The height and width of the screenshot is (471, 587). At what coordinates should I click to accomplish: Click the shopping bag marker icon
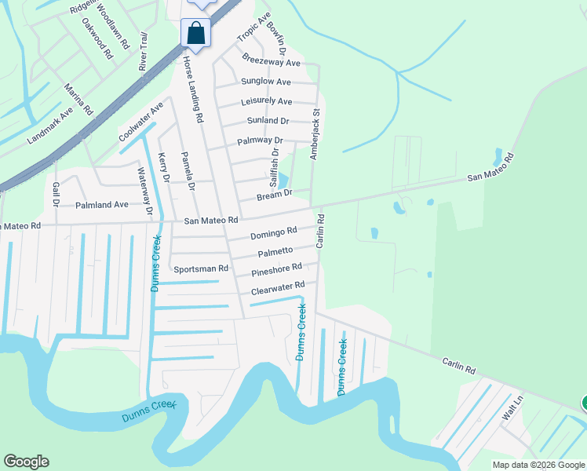[195, 34]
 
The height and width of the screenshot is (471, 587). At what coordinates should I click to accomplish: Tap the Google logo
[26, 462]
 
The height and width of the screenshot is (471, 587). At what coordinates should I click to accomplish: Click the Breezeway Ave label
[272, 61]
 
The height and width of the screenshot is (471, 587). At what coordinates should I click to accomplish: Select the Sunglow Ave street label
[266, 82]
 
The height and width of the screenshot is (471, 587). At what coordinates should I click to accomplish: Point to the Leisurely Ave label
[267, 101]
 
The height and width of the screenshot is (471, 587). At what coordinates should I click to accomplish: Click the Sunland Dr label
[268, 121]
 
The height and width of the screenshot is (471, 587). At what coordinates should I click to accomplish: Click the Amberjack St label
[315, 134]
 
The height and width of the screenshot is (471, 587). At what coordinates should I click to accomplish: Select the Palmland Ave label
[101, 205]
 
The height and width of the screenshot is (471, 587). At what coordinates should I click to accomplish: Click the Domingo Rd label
[274, 232]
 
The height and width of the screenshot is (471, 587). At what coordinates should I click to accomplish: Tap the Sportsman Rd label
[201, 268]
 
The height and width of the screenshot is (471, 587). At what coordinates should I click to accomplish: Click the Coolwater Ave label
[141, 122]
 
